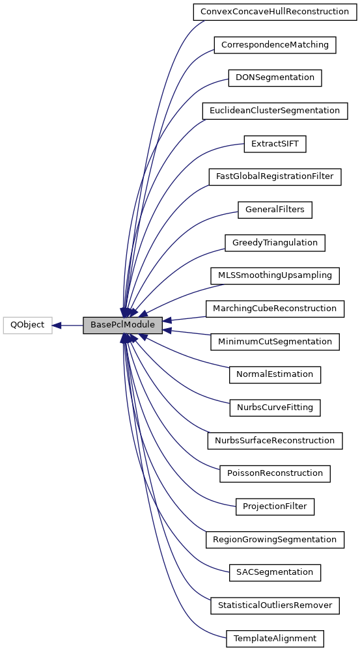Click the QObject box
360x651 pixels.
(27, 325)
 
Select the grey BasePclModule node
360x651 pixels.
(122, 325)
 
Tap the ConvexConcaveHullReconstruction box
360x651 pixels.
(274, 12)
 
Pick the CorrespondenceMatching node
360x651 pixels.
(275, 45)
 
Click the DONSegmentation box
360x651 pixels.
(275, 77)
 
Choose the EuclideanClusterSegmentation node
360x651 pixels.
(275, 111)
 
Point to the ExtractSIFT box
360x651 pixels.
(274, 144)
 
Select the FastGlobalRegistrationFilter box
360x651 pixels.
(275, 176)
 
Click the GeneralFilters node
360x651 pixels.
(275, 210)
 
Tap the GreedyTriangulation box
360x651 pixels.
(275, 243)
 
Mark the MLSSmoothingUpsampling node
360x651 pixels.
(275, 275)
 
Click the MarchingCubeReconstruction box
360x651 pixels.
(275, 309)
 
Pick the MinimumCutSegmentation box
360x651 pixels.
(275, 341)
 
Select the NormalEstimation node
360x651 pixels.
(275, 374)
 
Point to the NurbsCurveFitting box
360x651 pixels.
(275, 408)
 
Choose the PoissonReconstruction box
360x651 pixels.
(275, 473)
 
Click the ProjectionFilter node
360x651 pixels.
(275, 506)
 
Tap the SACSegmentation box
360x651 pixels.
(275, 572)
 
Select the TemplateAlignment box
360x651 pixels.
(275, 639)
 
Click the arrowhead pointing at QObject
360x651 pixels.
(57, 325)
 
